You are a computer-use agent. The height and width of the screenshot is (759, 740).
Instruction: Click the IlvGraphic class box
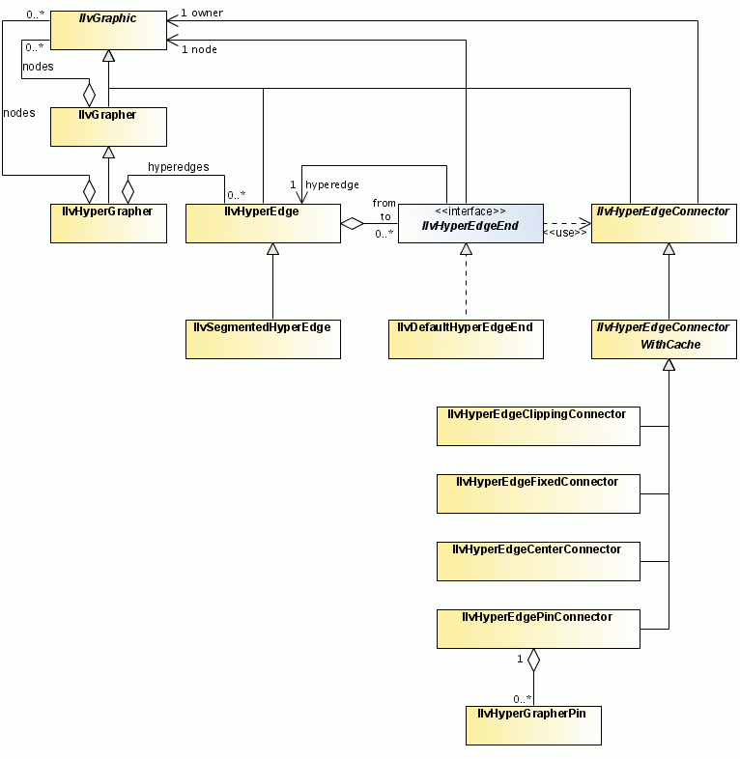pyautogui.click(x=108, y=30)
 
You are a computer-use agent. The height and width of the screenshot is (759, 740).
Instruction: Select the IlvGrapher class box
pyautogui.click(x=108, y=126)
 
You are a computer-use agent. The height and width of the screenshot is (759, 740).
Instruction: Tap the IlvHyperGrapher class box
pyautogui.click(x=108, y=222)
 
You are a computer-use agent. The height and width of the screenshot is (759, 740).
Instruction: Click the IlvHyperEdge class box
pyautogui.click(x=263, y=222)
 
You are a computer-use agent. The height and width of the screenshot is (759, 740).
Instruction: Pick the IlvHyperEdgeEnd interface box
pyautogui.click(x=470, y=222)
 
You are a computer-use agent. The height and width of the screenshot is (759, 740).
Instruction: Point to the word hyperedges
pyautogui.click(x=178, y=167)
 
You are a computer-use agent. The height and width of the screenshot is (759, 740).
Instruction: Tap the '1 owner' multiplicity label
pyautogui.click(x=202, y=14)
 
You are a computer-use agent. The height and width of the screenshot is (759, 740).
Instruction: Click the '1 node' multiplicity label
pyautogui.click(x=199, y=48)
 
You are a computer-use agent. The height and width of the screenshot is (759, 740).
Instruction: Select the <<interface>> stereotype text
pyautogui.click(x=470, y=211)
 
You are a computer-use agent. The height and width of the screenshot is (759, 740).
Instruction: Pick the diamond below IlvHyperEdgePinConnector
pyautogui.click(x=533, y=661)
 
